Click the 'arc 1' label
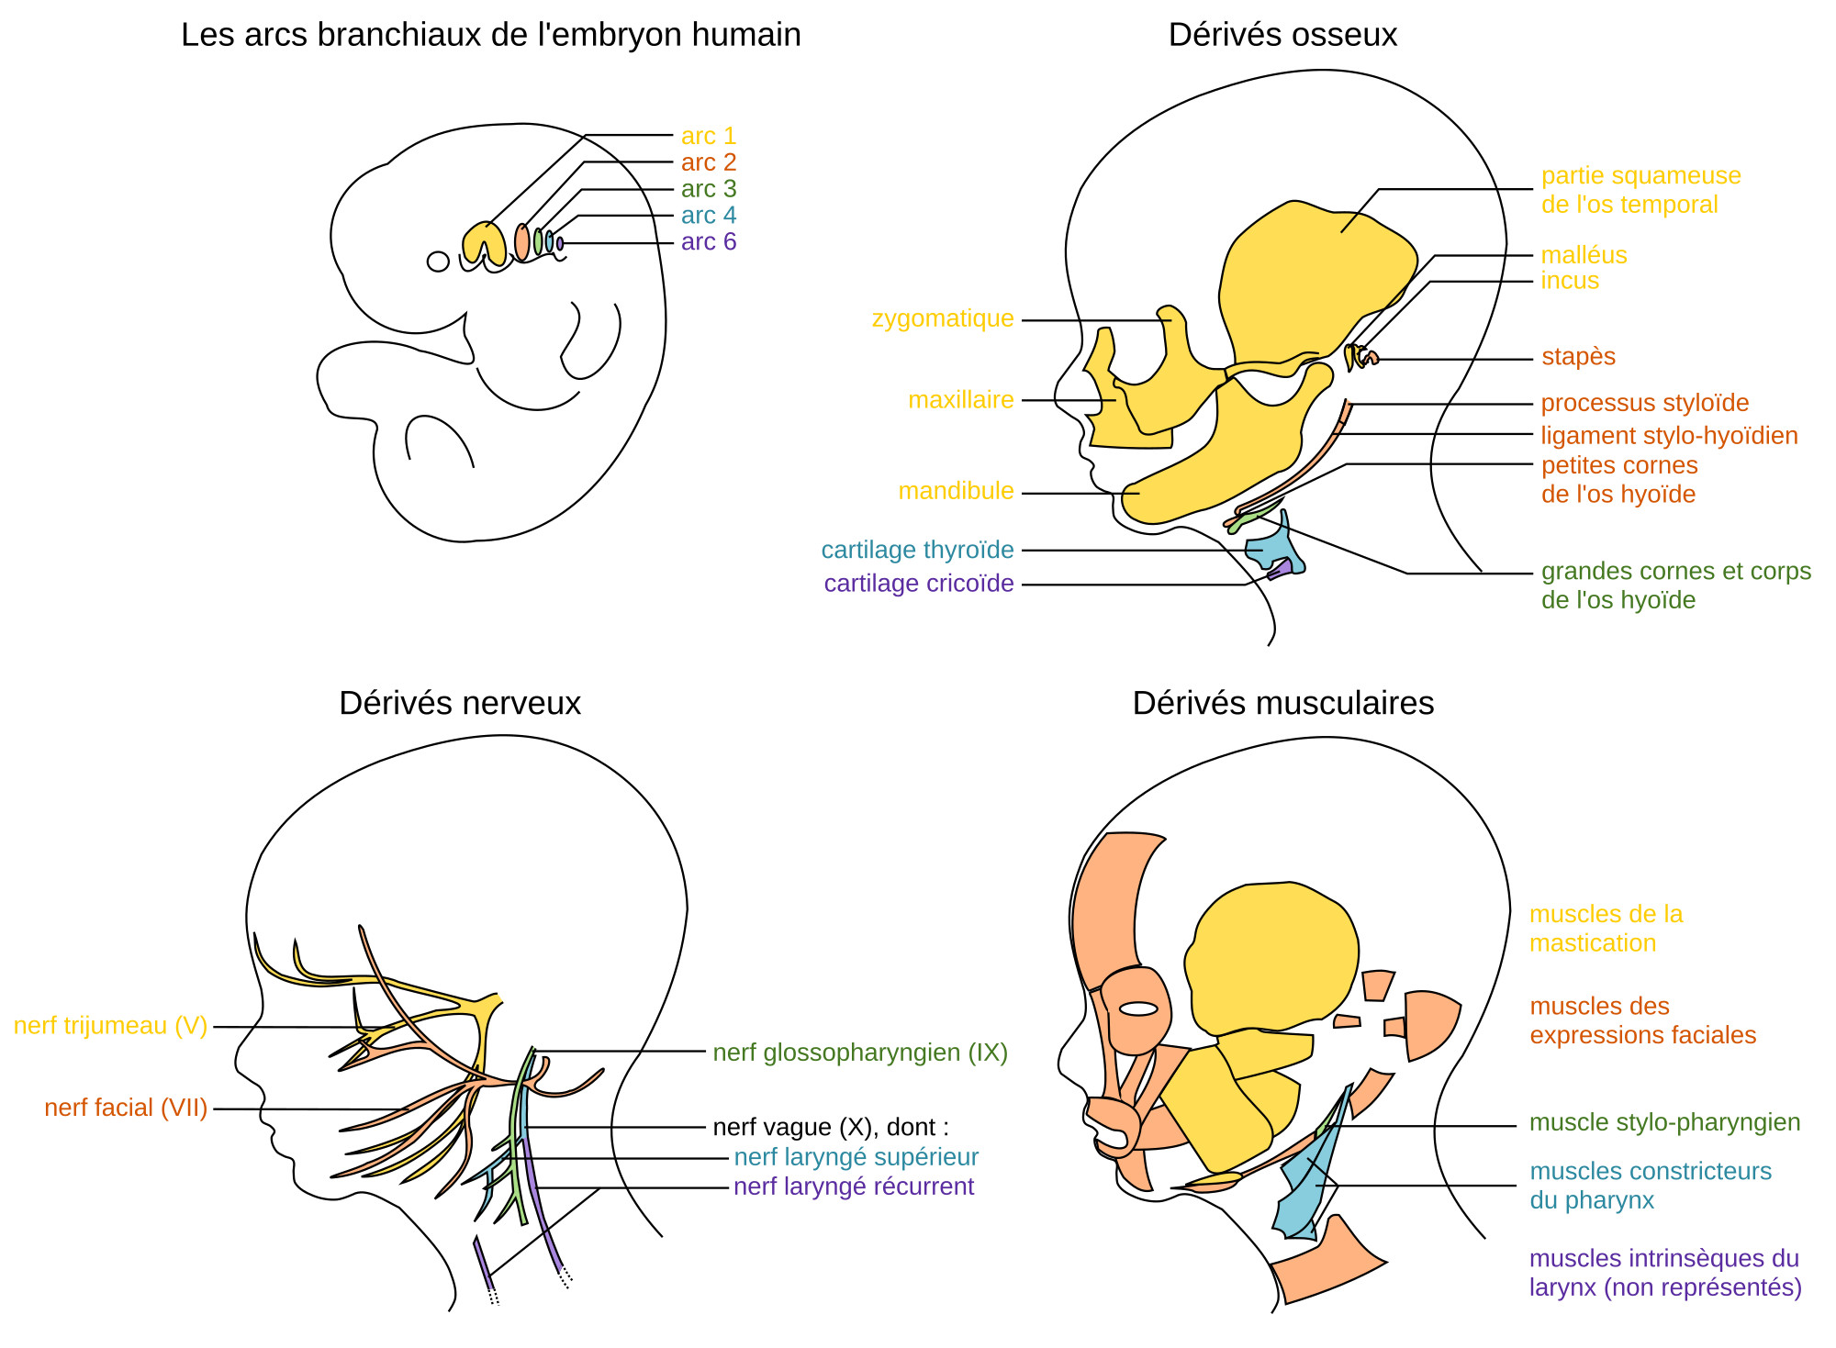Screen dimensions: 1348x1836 [x=708, y=136]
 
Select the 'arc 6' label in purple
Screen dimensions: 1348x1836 [x=708, y=242]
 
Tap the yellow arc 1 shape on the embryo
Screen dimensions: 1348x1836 [x=483, y=241]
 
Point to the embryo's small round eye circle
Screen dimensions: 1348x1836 [x=438, y=262]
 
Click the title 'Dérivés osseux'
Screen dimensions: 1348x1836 [x=1282, y=35]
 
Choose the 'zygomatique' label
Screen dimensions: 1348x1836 [x=942, y=319]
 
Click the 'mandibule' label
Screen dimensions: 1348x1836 [x=955, y=492]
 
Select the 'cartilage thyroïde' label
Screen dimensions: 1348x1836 [x=916, y=551]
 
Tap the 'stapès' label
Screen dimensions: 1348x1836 [x=1578, y=357]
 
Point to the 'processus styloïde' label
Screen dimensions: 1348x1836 [x=1644, y=404]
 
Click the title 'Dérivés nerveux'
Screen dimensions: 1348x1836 [x=459, y=703]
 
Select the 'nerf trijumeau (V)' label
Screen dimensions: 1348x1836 [x=110, y=1026]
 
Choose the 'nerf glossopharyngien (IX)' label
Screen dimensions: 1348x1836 [x=860, y=1053]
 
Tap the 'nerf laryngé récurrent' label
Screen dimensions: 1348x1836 [x=853, y=1187]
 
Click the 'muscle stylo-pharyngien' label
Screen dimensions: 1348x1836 [x=1663, y=1123]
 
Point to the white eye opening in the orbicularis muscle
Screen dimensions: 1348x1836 [x=1138, y=1008]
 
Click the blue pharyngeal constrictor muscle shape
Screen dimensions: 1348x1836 [x=1308, y=1184]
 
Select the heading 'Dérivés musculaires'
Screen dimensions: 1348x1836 [x=1282, y=703]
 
